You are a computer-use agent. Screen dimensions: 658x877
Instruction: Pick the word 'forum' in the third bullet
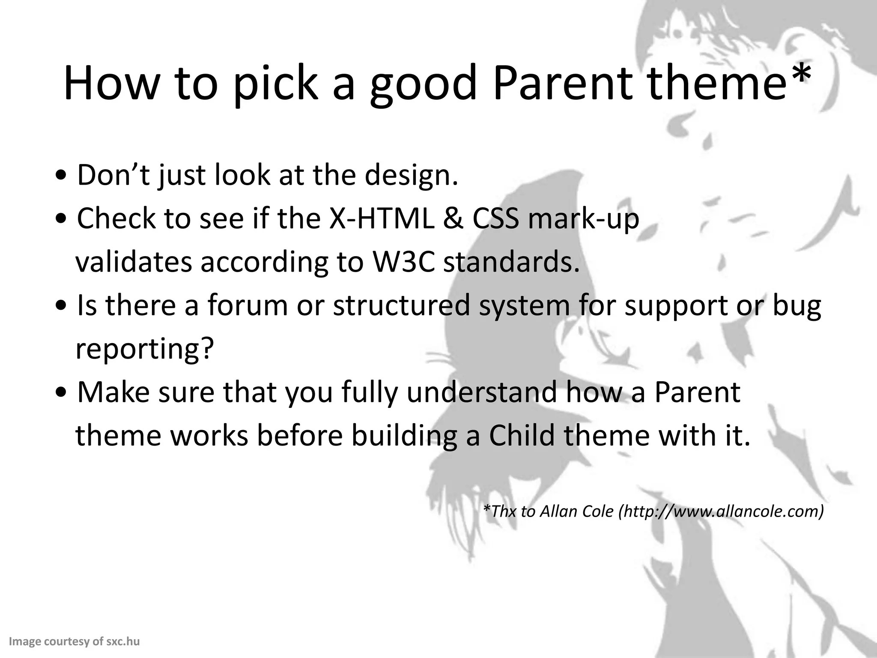[x=248, y=305]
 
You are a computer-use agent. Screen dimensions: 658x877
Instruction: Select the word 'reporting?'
[x=144, y=350]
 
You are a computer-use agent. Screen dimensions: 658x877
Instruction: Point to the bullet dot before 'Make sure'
[x=63, y=392]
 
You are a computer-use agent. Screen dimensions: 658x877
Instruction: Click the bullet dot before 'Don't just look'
[x=63, y=176]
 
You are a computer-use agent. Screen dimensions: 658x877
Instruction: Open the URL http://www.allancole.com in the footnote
[x=721, y=511]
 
